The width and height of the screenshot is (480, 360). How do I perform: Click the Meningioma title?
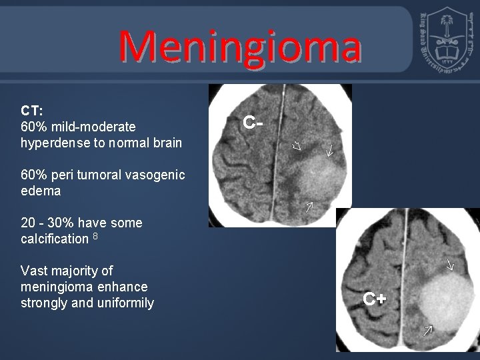[240, 47]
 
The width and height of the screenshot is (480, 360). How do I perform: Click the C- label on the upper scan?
[252, 122]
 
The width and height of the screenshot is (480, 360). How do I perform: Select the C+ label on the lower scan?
[375, 298]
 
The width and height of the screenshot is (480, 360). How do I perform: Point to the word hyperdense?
[55, 142]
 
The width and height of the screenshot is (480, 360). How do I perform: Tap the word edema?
[41, 191]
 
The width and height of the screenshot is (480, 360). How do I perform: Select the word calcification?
[55, 239]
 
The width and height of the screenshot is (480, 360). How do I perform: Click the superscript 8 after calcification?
[96, 236]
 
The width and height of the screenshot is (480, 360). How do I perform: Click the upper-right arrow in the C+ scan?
[450, 265]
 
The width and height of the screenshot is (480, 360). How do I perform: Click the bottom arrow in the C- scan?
[309, 206]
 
